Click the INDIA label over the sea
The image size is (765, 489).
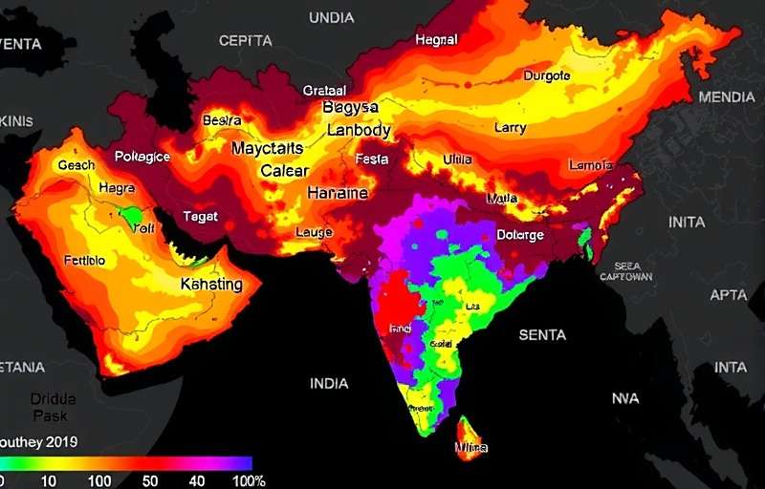[x=329, y=383]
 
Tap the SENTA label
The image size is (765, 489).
[x=542, y=335]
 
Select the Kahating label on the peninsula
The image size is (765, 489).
[x=211, y=284]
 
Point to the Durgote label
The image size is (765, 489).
[x=547, y=75]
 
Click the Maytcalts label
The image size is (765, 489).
[x=267, y=149]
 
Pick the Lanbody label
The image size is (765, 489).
[x=359, y=130]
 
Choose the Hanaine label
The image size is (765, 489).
[x=337, y=193]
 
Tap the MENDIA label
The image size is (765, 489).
[x=726, y=97]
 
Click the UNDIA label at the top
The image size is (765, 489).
[x=331, y=18]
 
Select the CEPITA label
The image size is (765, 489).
[x=245, y=41]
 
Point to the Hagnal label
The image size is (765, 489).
[x=437, y=40]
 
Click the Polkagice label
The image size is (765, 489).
[x=142, y=157]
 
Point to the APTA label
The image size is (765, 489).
[x=729, y=295]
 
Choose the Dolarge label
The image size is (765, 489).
[x=521, y=235]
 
